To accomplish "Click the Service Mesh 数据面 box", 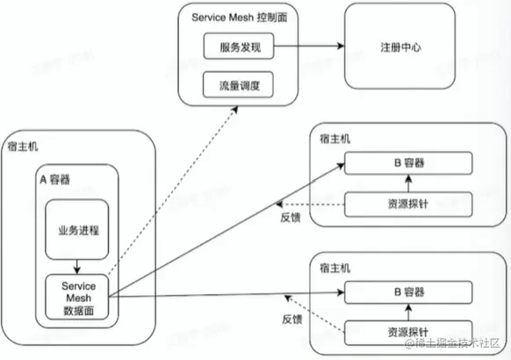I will (x=78, y=296).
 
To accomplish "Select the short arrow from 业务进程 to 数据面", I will (x=76, y=265).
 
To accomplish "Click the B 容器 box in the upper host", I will (x=407, y=162).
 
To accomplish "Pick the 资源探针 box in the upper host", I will (x=407, y=203).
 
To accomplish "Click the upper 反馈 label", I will (x=293, y=217).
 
